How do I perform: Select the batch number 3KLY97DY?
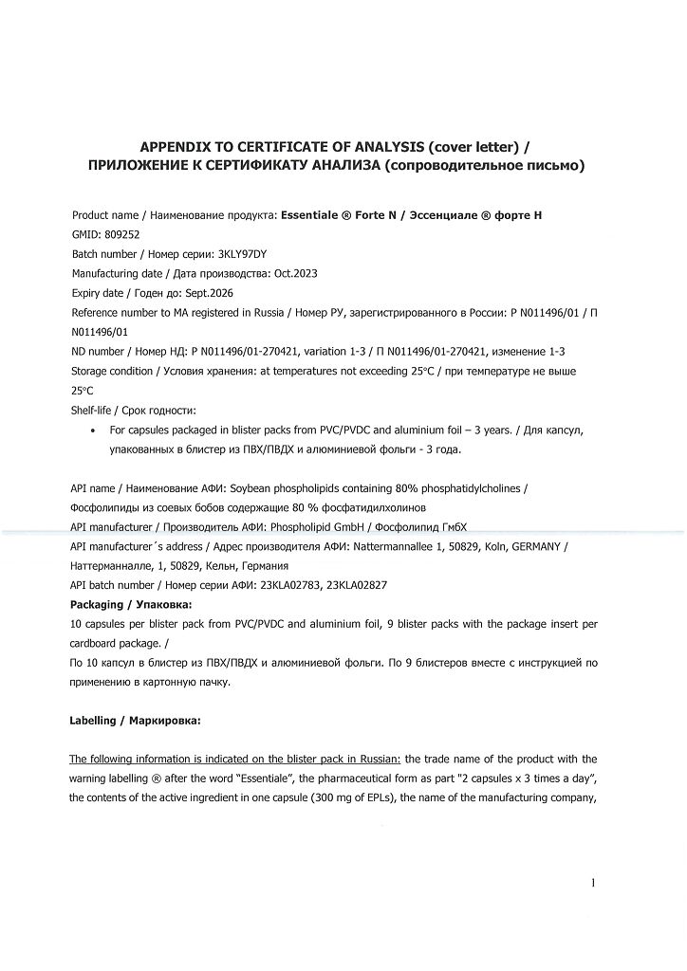[x=244, y=253]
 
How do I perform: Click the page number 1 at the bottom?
[x=593, y=884]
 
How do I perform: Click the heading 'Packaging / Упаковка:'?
[x=131, y=604]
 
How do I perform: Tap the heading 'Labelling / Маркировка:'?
[x=135, y=721]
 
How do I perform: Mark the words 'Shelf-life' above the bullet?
[x=94, y=411]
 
